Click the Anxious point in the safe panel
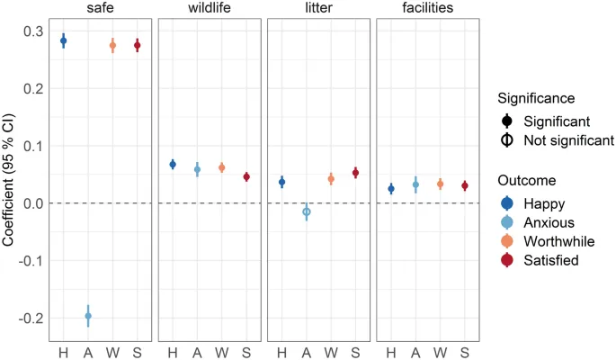[88, 316]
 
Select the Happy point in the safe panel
[63, 40]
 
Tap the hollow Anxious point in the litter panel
[307, 212]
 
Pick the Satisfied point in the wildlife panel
[246, 177]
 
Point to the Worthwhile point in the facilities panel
[441, 184]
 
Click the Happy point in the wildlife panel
[173, 164]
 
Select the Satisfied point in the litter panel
[355, 173]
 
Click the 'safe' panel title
[100, 10]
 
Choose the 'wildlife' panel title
[210, 10]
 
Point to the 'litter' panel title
[318, 10]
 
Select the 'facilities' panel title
[427, 10]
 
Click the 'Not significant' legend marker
[508, 140]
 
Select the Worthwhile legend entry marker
[508, 240]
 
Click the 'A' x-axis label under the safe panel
[88, 349]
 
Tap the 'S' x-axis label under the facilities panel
[465, 349]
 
